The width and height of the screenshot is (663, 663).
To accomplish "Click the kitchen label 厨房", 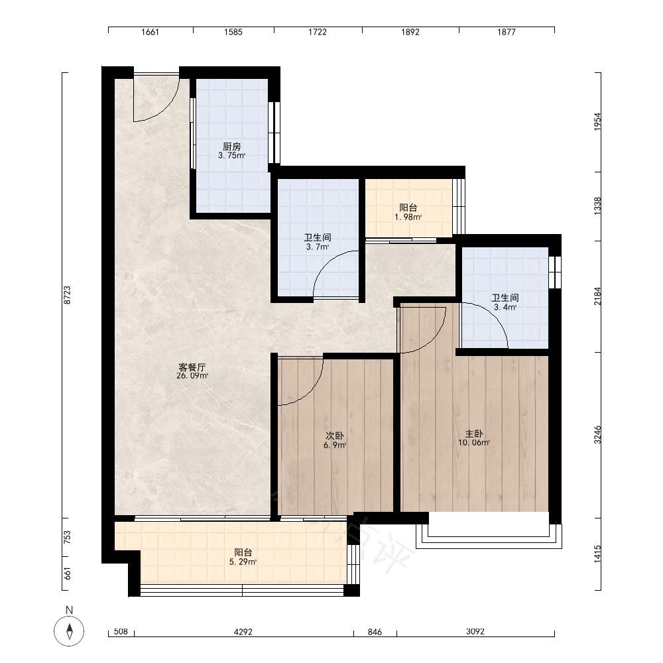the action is point(231,147).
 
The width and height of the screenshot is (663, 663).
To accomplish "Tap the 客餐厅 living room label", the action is point(192,367).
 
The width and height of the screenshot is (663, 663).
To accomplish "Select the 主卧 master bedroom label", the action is point(474,434).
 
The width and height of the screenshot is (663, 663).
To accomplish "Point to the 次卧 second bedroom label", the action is point(334,436).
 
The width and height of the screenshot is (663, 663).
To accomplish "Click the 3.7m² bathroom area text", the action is point(318,247).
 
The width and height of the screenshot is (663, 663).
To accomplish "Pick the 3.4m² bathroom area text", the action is point(505,307).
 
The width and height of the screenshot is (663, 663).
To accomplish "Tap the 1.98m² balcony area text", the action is point(408,217).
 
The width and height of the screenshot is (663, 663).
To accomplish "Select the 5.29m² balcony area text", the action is point(243,562).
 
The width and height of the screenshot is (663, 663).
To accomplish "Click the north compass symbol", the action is point(69,631).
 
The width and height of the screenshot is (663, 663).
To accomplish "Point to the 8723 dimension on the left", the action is point(67,295).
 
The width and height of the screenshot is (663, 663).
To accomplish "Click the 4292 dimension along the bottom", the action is point(243,632).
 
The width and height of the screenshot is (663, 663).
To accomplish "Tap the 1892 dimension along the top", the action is point(410,32).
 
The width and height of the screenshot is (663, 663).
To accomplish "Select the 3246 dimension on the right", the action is point(597,435).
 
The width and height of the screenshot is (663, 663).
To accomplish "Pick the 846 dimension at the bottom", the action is point(375,632).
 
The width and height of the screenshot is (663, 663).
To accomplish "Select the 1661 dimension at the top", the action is point(150,32).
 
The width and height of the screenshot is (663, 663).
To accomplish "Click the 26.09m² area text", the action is point(192,375).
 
